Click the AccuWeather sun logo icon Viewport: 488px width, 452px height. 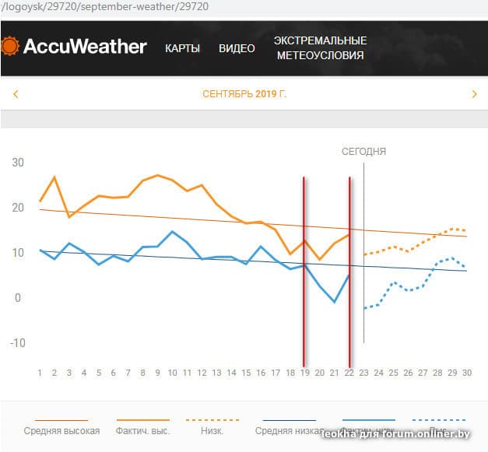click(10, 46)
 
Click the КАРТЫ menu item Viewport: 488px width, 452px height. click(182, 48)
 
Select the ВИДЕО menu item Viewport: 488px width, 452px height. click(237, 48)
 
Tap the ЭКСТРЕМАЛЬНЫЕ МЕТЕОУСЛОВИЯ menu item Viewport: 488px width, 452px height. click(321, 48)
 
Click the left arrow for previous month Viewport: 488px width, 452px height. click(16, 95)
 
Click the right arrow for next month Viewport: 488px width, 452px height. click(474, 95)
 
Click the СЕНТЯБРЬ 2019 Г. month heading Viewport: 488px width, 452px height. click(244, 95)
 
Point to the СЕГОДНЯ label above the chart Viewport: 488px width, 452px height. click(363, 152)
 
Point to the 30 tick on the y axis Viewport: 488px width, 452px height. click(18, 163)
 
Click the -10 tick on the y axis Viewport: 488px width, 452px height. click(17, 343)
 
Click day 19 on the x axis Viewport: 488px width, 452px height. click(305, 373)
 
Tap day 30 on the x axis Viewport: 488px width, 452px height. click(467, 373)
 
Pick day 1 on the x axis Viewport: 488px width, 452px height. click(40, 373)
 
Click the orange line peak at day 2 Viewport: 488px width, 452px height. click(54, 177)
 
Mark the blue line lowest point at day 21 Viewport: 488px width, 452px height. click(335, 302)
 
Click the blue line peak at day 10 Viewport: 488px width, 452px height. click(173, 231)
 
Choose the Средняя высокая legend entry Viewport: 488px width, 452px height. click(61, 430)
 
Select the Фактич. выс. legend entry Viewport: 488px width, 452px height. click(143, 430)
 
